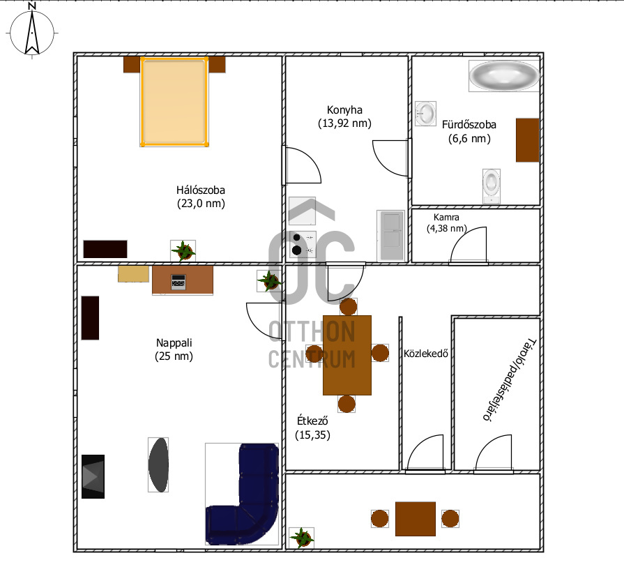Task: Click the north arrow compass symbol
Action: (x=32, y=31)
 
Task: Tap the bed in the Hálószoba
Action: (x=174, y=102)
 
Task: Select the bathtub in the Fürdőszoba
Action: (x=504, y=75)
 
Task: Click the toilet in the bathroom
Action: (x=492, y=186)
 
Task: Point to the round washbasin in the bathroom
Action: (x=425, y=114)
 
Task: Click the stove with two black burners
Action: (x=303, y=244)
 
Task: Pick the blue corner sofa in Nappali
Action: (x=243, y=494)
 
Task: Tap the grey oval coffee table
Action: (x=158, y=464)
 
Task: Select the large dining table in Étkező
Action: (x=347, y=355)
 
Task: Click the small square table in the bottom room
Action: (x=416, y=519)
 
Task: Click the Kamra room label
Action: (x=446, y=218)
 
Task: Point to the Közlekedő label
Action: (x=426, y=354)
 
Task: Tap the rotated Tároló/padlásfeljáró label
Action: (x=510, y=380)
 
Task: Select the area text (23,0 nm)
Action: (x=201, y=204)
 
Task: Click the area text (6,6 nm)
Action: (x=469, y=139)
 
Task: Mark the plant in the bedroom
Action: (x=183, y=251)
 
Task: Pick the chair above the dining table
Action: (x=348, y=307)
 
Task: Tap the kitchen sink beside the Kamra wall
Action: (x=392, y=236)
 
